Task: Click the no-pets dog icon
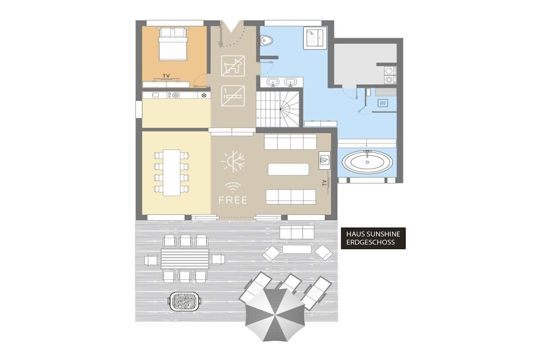[x=233, y=66]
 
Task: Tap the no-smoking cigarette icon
[x=233, y=96]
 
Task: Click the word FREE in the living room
[x=233, y=200]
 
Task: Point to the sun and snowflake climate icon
[x=233, y=161]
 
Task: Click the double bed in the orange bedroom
[x=173, y=44]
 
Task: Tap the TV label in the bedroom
[x=166, y=76]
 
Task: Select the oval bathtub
[x=367, y=162]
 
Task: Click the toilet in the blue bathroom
[x=266, y=41]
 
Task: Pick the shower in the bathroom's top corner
[x=314, y=38]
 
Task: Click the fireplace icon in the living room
[x=324, y=160]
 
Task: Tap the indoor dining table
[x=171, y=172]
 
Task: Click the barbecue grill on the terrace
[x=185, y=301]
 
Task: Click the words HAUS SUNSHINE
[x=373, y=234]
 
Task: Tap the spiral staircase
[x=279, y=109]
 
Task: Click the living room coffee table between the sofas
[x=288, y=169]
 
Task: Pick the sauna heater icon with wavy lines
[x=382, y=103]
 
